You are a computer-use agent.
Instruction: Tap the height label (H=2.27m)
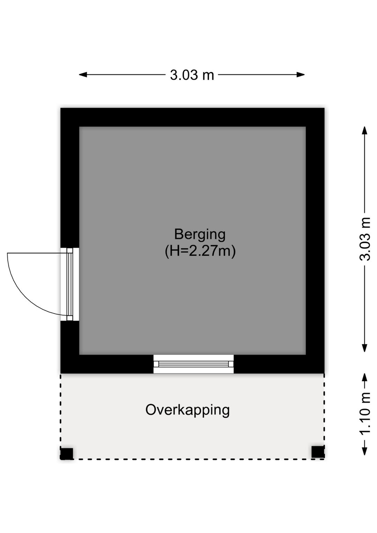click(200, 251)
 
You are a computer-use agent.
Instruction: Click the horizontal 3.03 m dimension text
click(192, 75)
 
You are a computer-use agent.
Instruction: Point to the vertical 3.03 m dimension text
click(365, 239)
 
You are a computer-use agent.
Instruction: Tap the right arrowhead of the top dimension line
click(301, 75)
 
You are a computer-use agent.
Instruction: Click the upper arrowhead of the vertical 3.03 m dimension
click(364, 131)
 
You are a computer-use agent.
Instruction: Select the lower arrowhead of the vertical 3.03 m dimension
click(364, 348)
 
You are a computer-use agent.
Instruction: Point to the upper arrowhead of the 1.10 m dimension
click(364, 378)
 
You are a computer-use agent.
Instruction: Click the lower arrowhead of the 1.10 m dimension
click(364, 451)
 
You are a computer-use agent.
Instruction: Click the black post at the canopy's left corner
click(67, 454)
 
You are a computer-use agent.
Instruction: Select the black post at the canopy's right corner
click(318, 452)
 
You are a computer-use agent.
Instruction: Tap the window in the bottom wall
click(193, 364)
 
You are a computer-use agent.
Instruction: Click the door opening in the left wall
click(69, 284)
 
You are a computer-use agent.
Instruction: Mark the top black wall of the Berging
click(192, 117)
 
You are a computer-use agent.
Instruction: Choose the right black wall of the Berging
click(315, 240)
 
